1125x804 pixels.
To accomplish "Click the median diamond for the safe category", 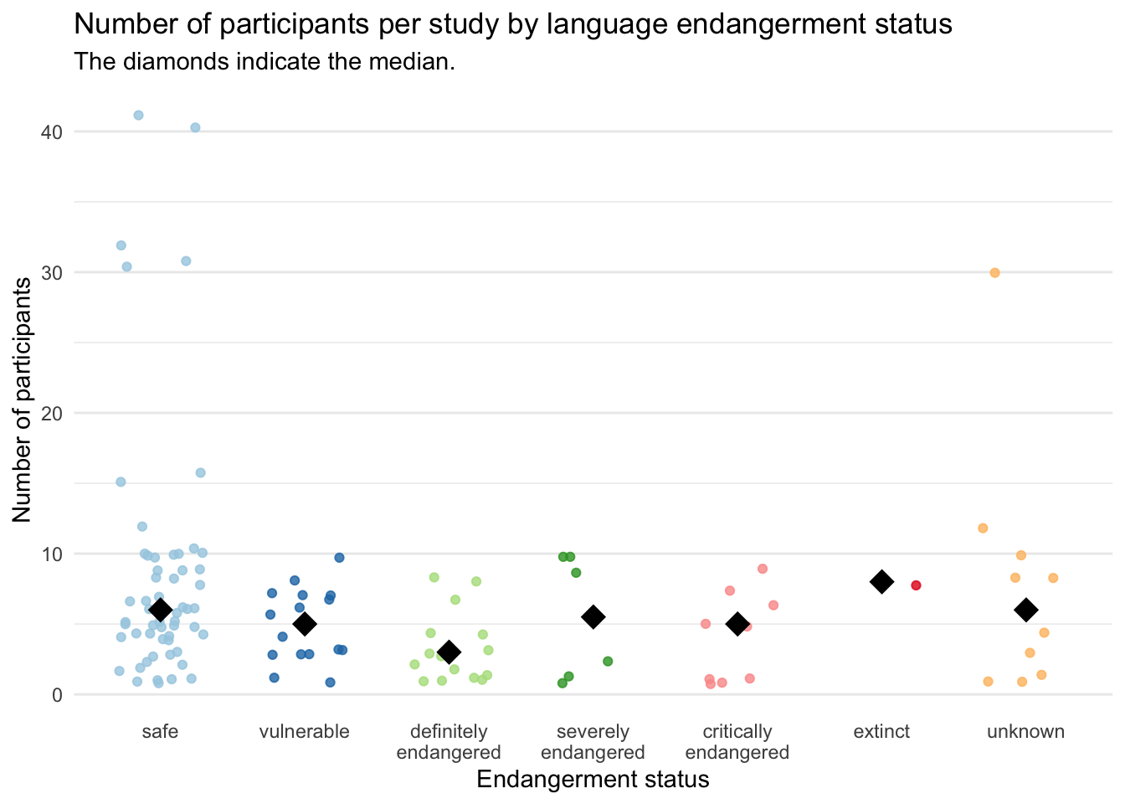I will coord(161,610).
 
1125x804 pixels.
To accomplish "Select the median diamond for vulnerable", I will coord(305,623).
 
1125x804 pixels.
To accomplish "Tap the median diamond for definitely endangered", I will coord(449,652).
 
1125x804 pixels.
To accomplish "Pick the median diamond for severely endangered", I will coord(593,617).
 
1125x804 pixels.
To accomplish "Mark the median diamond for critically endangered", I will coord(737,624).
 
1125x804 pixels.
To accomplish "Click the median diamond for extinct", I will coord(881,581).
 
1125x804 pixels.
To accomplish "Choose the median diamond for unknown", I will coord(1025,610).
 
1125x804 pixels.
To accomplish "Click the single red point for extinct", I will coord(916,585).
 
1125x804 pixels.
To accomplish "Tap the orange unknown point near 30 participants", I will coord(994,273).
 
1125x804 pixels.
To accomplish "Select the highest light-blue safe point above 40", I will coord(138,116).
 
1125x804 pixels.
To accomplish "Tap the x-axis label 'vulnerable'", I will coord(305,732).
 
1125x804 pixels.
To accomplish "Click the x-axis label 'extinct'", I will coord(881,732).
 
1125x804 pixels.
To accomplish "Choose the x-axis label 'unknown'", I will coord(1025,732).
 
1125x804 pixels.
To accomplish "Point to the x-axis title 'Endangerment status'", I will coord(593,780).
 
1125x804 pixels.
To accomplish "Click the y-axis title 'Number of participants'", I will coord(23,399).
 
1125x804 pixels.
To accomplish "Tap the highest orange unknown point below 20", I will coord(983,528).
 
